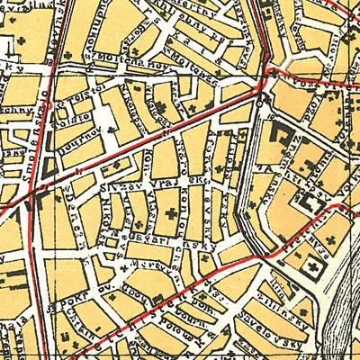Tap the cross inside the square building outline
pyautogui.click(x=315, y=270)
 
